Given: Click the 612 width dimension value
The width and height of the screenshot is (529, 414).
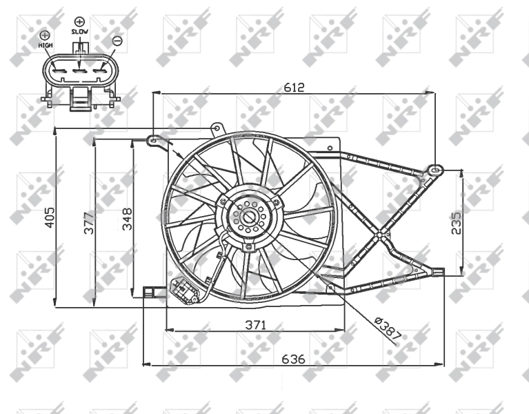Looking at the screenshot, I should pyautogui.click(x=295, y=88).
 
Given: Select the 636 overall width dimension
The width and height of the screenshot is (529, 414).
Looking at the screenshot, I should pyautogui.click(x=293, y=359).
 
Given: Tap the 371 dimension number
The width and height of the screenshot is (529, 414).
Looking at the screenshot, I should pyautogui.click(x=254, y=324).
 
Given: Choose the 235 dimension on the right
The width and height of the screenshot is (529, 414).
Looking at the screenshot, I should pyautogui.click(x=457, y=223).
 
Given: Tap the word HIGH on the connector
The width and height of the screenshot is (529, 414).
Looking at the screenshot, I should pyautogui.click(x=46, y=46).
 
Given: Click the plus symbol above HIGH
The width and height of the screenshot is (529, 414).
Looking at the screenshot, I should pyautogui.click(x=46, y=35).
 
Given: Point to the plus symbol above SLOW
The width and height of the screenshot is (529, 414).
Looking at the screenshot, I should pyautogui.click(x=80, y=22).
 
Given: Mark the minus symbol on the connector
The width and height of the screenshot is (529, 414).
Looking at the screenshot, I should pyautogui.click(x=117, y=41).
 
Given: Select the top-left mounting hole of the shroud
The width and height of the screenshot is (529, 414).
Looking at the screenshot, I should pyautogui.click(x=152, y=140).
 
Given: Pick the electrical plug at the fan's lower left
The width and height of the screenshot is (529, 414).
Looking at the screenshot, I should pyautogui.click(x=186, y=291).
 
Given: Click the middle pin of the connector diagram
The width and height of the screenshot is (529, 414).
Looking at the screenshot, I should pyautogui.click(x=80, y=69).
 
